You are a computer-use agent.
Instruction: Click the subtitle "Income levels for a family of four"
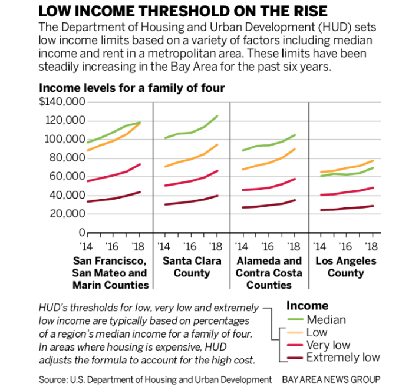pos(132,88)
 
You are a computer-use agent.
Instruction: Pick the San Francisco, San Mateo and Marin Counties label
pos(110,273)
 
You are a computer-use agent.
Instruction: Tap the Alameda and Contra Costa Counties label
pos(269,273)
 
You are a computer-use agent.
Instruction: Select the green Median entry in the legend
pos(325,320)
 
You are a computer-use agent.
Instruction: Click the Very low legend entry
pos(328,345)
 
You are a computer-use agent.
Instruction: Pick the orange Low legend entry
pos(317,333)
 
